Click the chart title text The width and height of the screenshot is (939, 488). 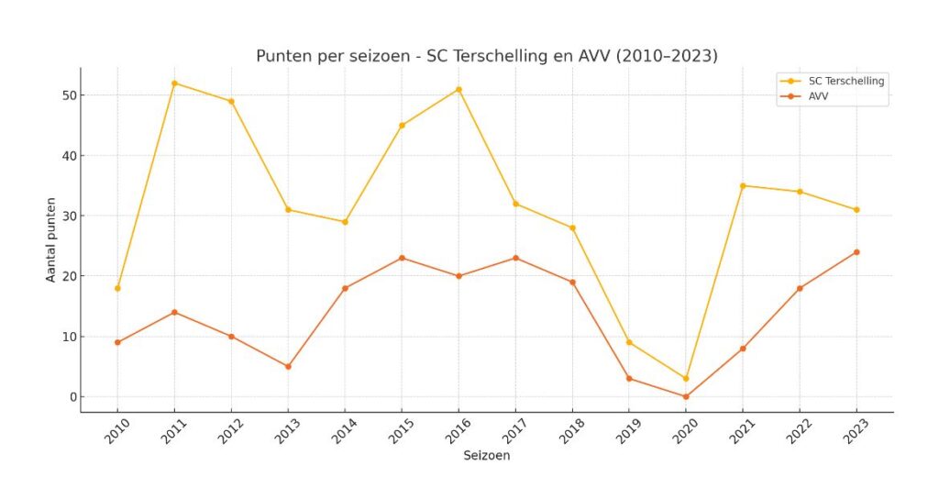point(486,56)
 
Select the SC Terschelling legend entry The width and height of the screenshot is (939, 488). point(843,81)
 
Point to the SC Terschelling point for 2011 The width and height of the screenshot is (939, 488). point(174,83)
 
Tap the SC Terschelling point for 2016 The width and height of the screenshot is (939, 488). point(458,89)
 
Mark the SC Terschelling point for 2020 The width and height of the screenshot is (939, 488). point(686,379)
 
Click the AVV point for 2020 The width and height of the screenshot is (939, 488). point(686,396)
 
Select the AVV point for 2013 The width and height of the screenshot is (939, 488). point(288,367)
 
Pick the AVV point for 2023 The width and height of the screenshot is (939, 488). point(856,252)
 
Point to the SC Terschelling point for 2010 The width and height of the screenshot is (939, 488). point(117,288)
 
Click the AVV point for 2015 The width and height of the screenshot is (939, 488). point(402,258)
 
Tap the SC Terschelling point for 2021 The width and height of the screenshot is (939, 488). point(743,185)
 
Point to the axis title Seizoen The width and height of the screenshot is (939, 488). point(486,455)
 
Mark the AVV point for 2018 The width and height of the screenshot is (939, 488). point(572,283)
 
